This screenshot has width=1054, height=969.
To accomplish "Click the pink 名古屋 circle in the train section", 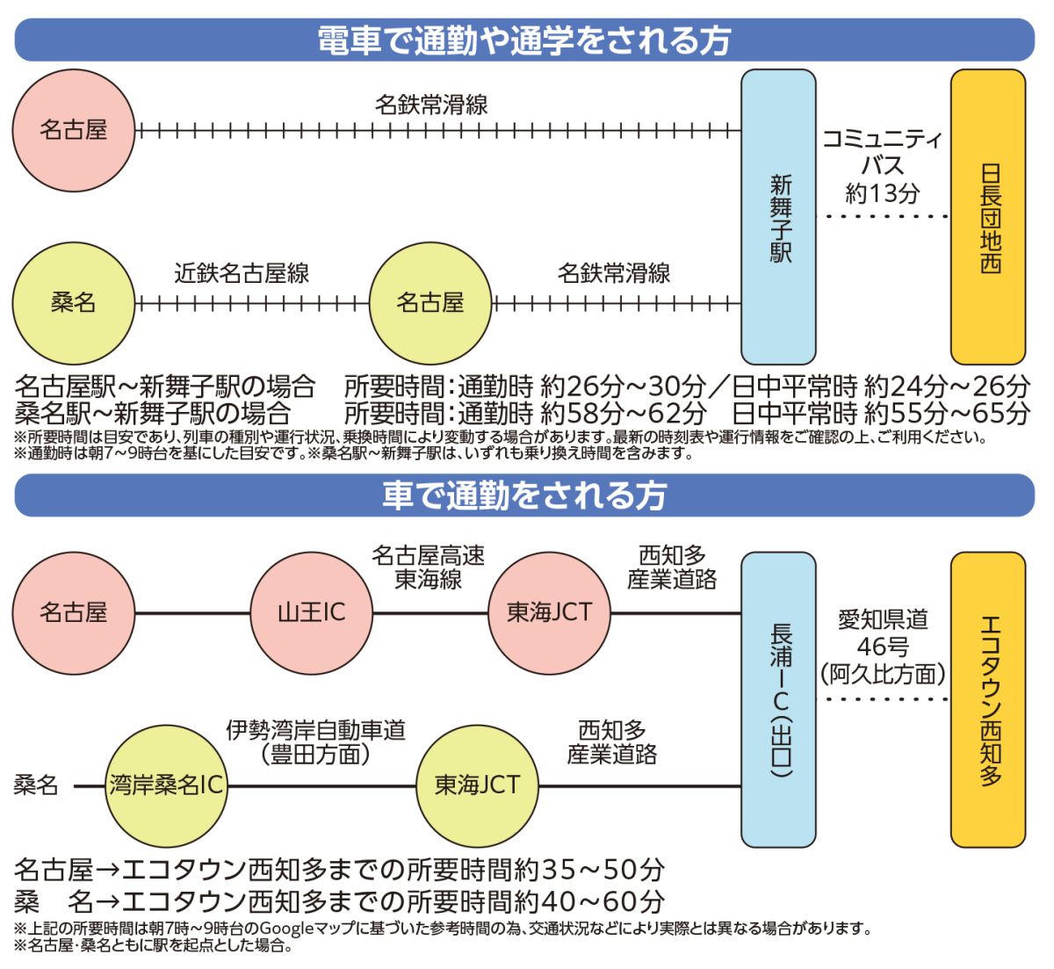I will pyautogui.click(x=73, y=131).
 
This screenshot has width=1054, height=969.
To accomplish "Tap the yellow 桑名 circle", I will pyautogui.click(x=73, y=303).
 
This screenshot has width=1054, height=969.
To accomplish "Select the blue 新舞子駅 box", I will pyautogui.click(x=779, y=218).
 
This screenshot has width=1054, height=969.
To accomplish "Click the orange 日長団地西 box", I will pyautogui.click(x=989, y=218).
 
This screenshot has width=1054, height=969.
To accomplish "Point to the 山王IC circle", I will pyautogui.click(x=312, y=612).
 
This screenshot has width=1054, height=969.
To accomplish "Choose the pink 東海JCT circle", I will pyautogui.click(x=549, y=612).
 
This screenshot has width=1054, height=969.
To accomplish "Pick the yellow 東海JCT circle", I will pyautogui.click(x=477, y=785).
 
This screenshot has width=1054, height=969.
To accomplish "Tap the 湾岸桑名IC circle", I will pyautogui.click(x=166, y=785).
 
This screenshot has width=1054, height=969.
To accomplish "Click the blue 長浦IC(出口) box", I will pyautogui.click(x=779, y=699).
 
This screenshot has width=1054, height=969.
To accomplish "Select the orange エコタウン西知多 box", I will pyautogui.click(x=989, y=699).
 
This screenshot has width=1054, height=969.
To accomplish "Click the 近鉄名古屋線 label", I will pyautogui.click(x=242, y=273).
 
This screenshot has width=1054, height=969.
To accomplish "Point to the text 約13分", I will pyautogui.click(x=883, y=193).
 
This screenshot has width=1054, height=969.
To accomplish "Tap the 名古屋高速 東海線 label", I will pyautogui.click(x=428, y=568).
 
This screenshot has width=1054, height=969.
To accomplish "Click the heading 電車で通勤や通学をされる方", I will pyautogui.click(x=524, y=40).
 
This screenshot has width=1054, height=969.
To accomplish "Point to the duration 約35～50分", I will pyautogui.click(x=589, y=870).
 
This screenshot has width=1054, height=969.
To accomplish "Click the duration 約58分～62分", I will pyautogui.click(x=624, y=411).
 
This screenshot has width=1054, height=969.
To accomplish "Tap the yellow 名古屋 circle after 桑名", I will pyautogui.click(x=430, y=303).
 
